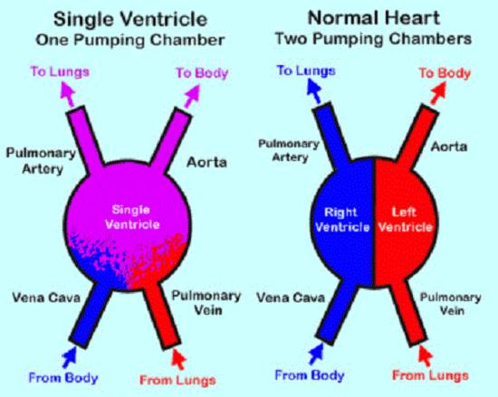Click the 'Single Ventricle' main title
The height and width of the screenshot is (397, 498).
click(130, 20)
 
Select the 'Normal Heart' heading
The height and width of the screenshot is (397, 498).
click(374, 18)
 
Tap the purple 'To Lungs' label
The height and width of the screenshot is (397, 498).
click(60, 71)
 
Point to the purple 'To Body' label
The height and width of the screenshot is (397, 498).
click(202, 73)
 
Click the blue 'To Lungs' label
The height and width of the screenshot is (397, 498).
click(306, 71)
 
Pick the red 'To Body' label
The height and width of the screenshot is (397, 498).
click(445, 73)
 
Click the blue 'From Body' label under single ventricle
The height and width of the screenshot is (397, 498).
click(63, 378)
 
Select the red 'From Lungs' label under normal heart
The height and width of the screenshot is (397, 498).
click(430, 375)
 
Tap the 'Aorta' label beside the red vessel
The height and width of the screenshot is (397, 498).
click(449, 147)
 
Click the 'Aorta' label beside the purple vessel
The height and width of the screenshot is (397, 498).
click(206, 163)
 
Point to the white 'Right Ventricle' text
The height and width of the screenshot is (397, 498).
click(342, 220)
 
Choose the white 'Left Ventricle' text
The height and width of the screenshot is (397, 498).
click(406, 220)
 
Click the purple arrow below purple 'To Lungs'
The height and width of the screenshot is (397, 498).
click(68, 94)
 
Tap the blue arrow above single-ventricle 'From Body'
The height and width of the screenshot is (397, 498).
click(69, 357)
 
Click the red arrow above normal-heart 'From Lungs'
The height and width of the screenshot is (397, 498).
click(426, 355)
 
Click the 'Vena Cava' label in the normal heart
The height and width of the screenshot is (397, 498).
click(291, 298)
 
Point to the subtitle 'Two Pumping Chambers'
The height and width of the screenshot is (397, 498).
click(373, 39)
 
